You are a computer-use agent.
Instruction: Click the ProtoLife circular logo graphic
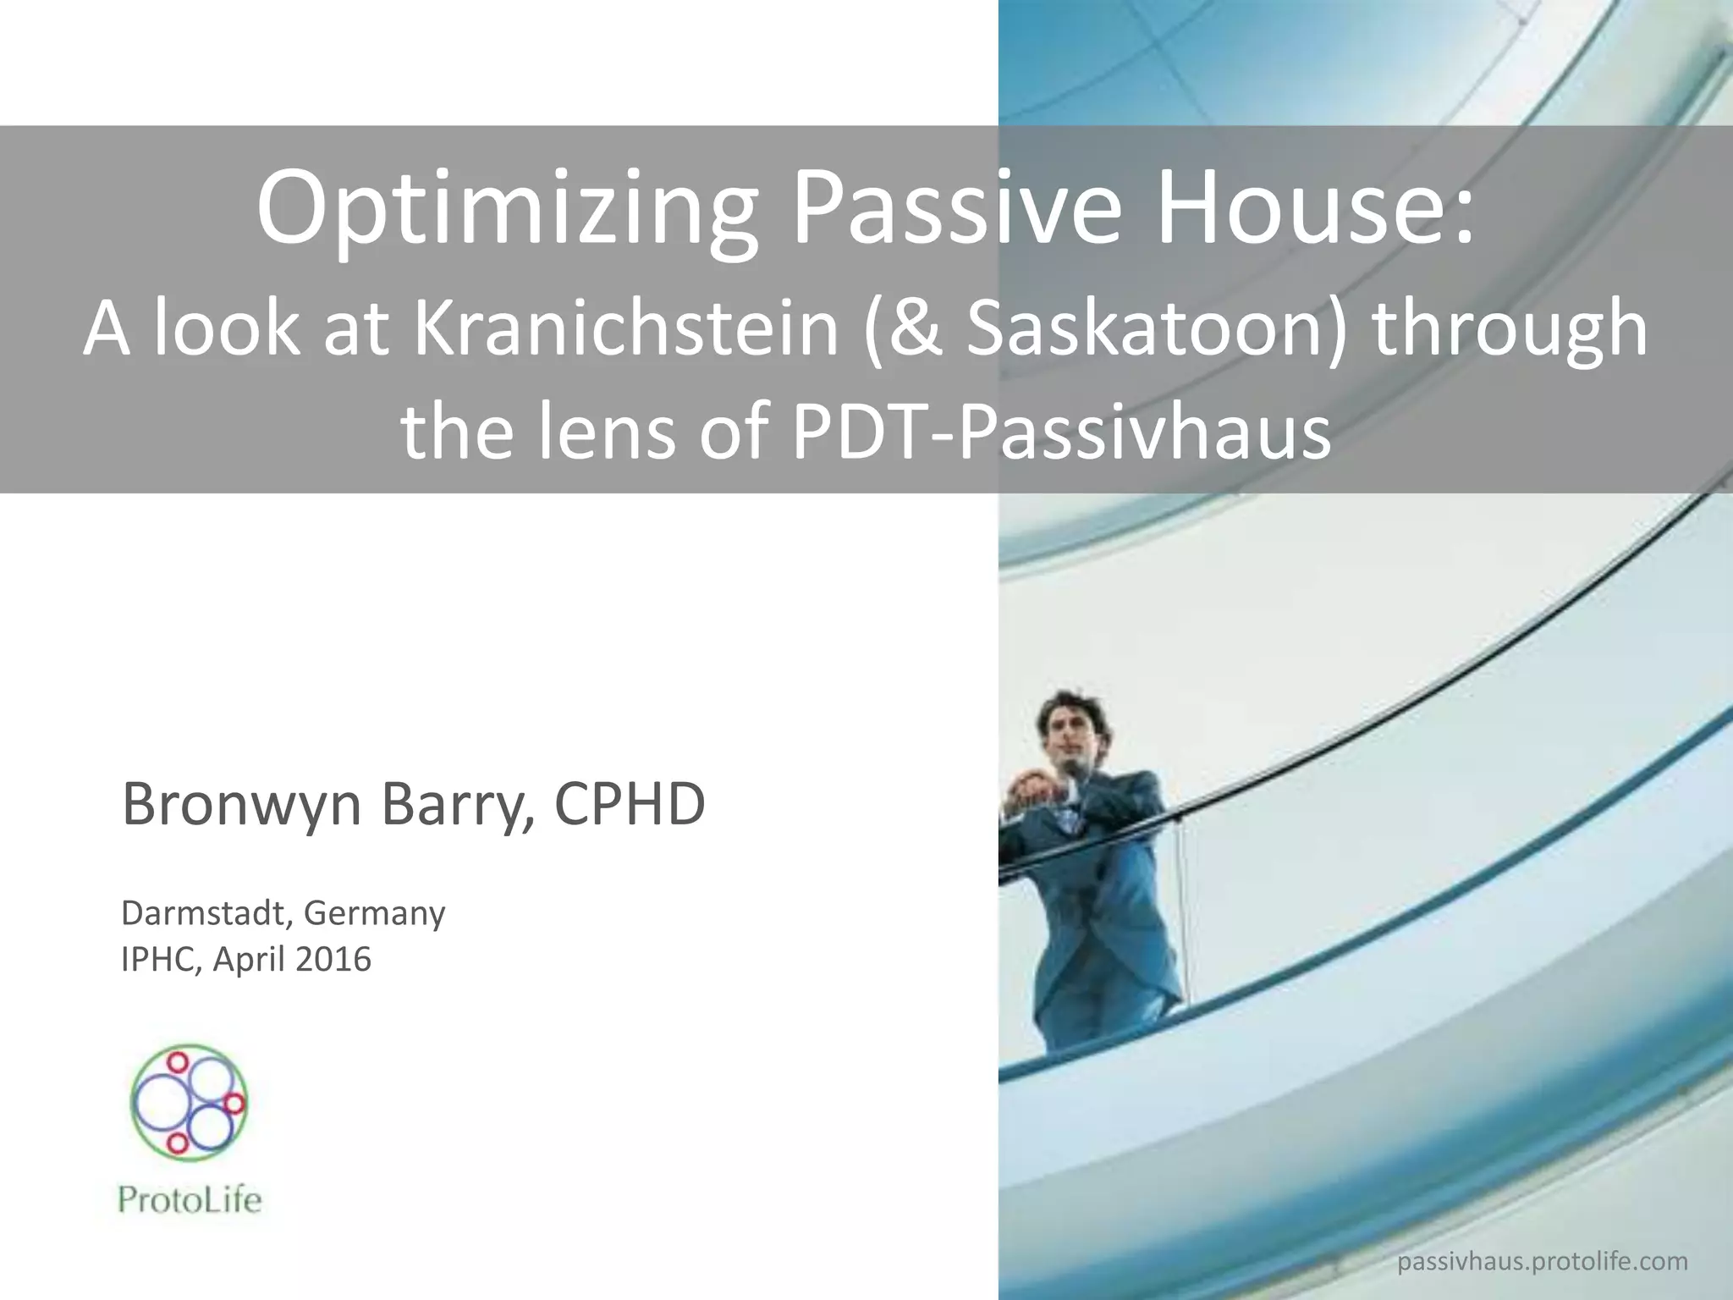click(189, 1103)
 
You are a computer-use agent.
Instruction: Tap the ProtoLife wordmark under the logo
click(190, 1201)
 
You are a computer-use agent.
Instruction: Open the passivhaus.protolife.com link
click(1542, 1262)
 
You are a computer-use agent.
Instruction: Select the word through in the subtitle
click(1510, 330)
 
